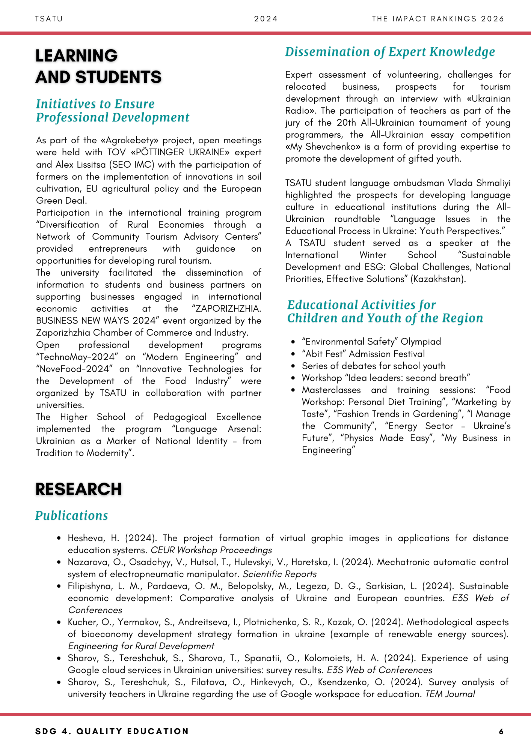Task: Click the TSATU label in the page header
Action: [x=49, y=19]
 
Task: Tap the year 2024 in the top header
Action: [x=266, y=19]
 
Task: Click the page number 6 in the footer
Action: [x=501, y=731]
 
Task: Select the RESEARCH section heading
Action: [x=78, y=489]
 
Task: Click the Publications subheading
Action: [x=72, y=516]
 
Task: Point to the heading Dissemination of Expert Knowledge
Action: [x=390, y=52]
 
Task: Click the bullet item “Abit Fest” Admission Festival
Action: [x=363, y=354]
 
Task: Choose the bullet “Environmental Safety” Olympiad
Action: [x=371, y=342]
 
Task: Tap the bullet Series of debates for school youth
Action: [x=373, y=366]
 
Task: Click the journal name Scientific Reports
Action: [x=279, y=574]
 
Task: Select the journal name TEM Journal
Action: [x=450, y=694]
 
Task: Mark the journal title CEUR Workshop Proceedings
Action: [x=211, y=550]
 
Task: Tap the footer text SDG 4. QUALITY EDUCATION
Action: [x=112, y=731]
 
